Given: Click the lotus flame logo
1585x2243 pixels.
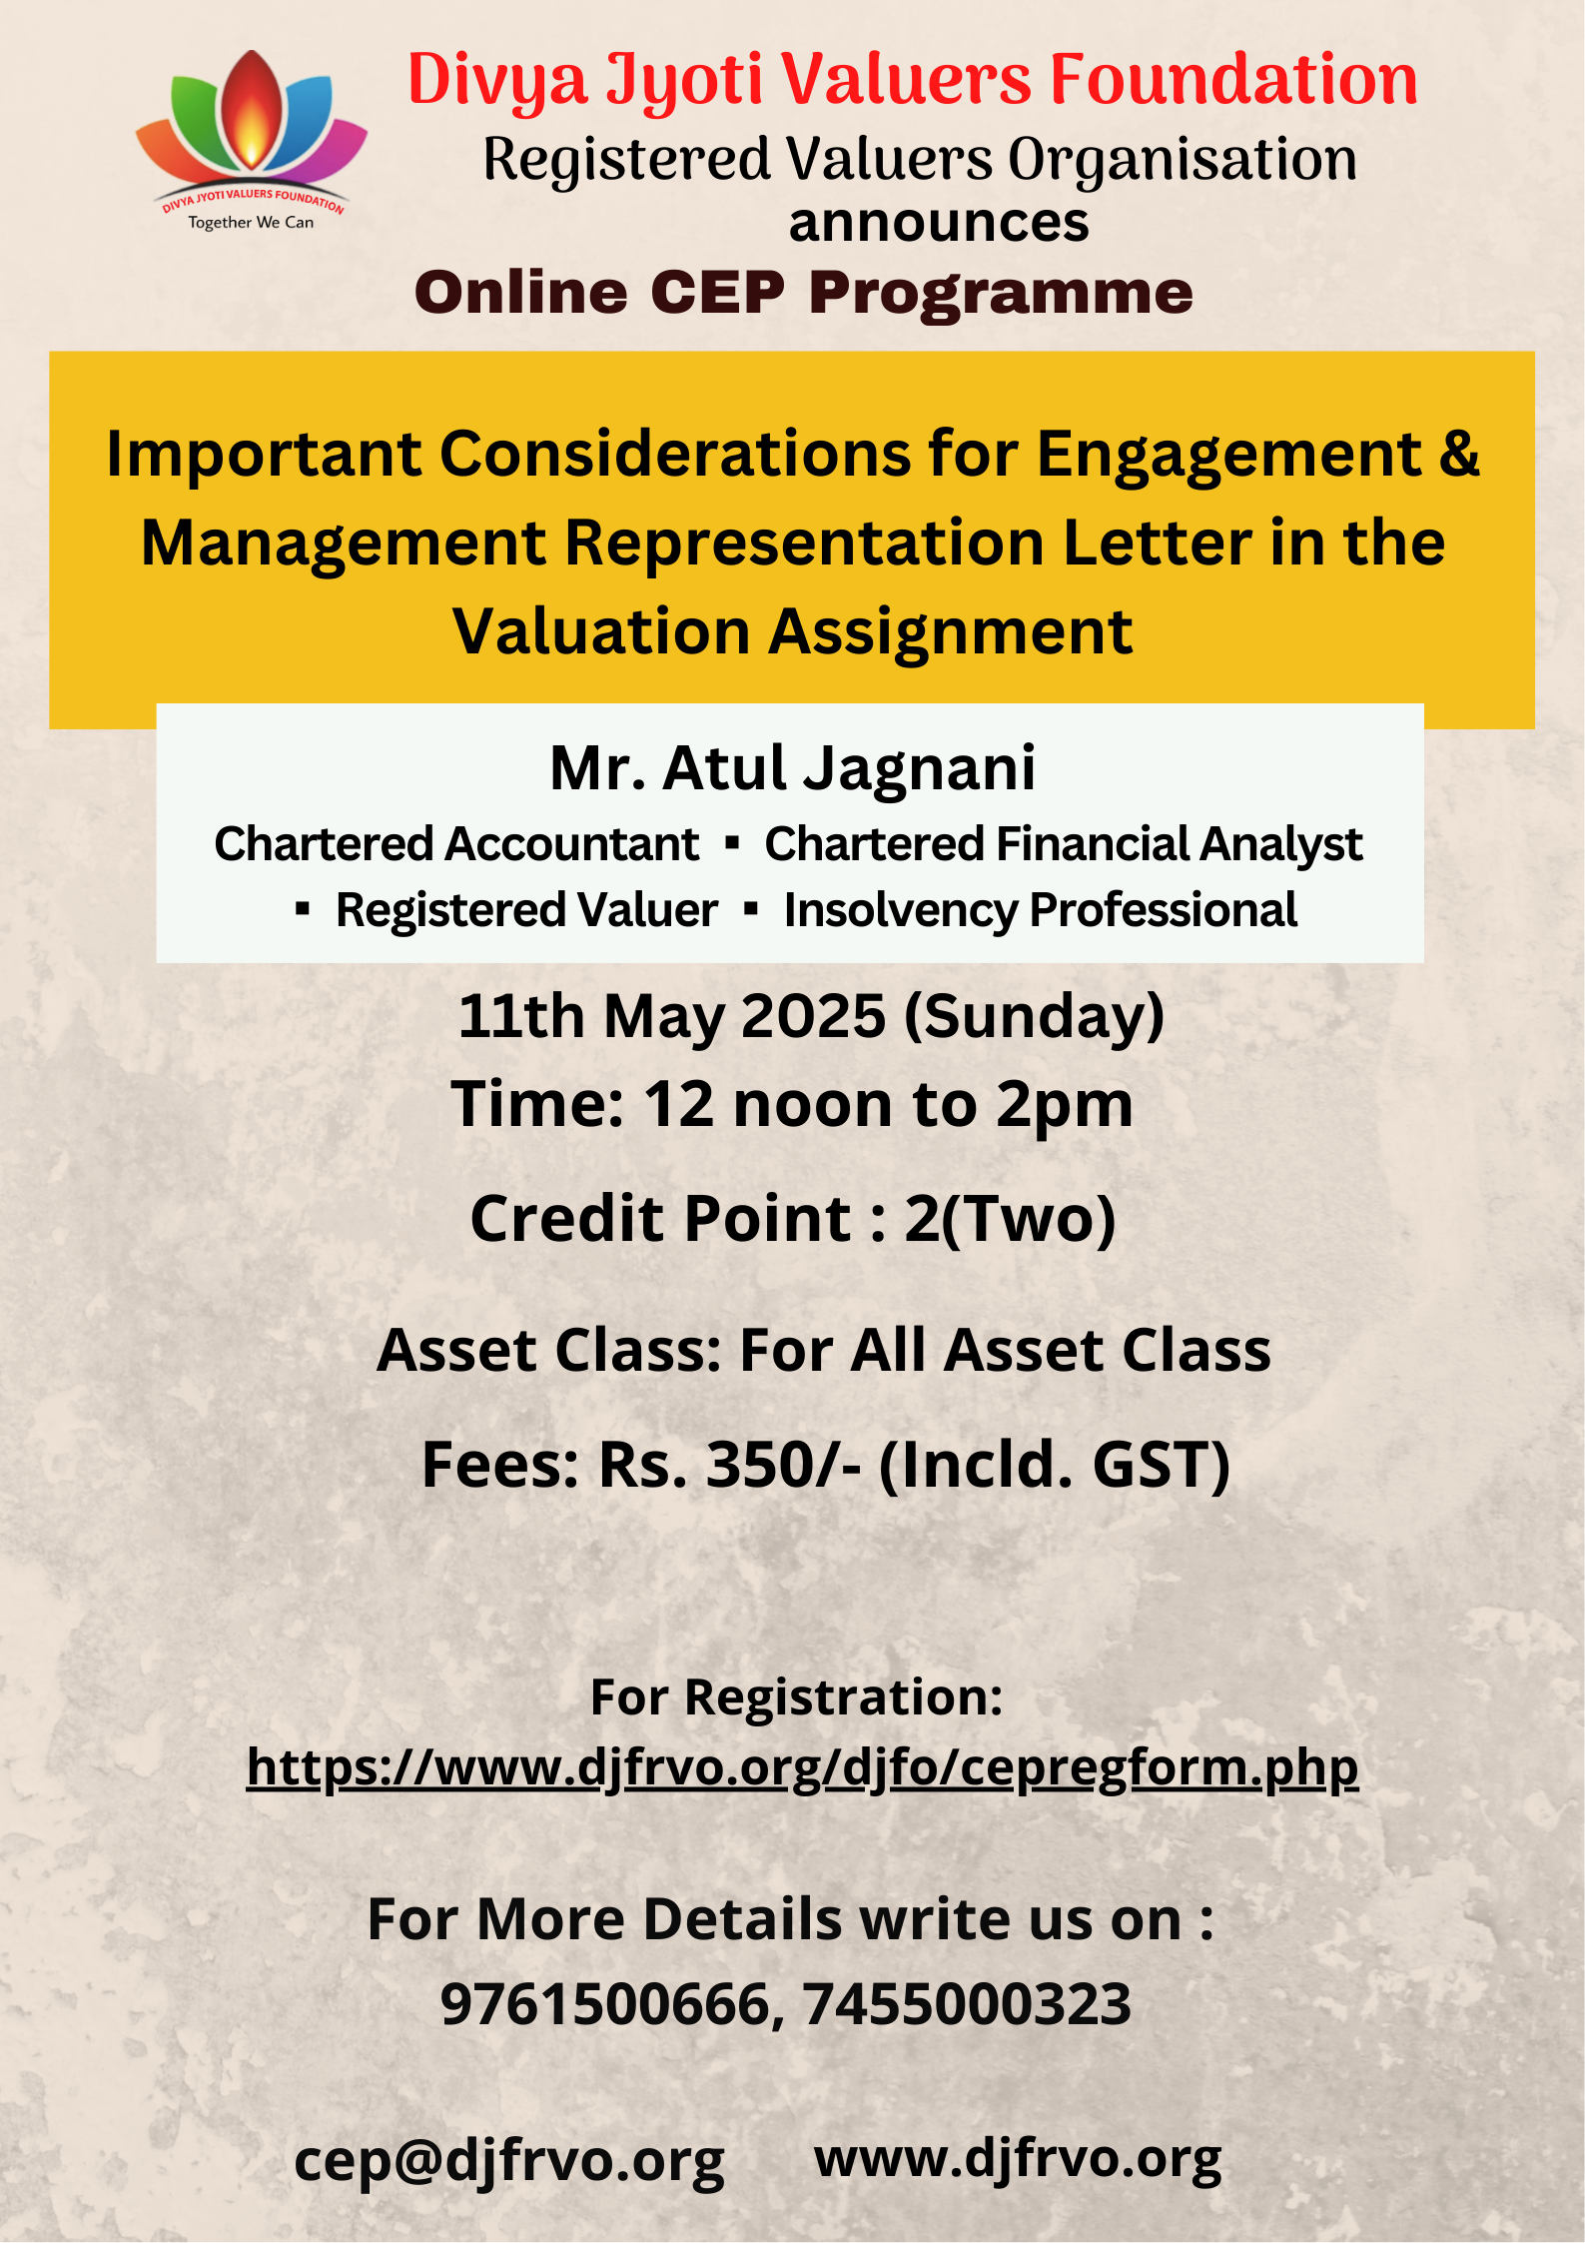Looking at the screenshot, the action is pyautogui.click(x=252, y=140).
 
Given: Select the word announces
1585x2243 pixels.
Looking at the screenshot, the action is pyautogui.click(x=939, y=222).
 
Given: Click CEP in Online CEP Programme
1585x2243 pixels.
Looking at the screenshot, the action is pyautogui.click(x=717, y=293).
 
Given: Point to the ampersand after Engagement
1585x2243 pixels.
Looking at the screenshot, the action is pyautogui.click(x=1459, y=453).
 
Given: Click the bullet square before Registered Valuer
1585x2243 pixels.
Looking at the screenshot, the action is pyautogui.click(x=303, y=909).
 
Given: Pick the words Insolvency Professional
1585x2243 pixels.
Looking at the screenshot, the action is pyautogui.click(x=1041, y=910).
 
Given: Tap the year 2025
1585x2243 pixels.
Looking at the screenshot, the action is pyautogui.click(x=813, y=1016).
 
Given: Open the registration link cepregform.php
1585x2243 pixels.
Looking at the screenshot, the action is pyautogui.click(x=803, y=1767).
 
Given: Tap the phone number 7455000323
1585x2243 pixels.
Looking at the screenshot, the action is pyautogui.click(x=967, y=2003).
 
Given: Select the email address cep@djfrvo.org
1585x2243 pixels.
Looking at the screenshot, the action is pyautogui.click(x=509, y=2160).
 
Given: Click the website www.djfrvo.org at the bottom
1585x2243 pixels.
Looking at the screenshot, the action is pyautogui.click(x=1018, y=2158).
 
